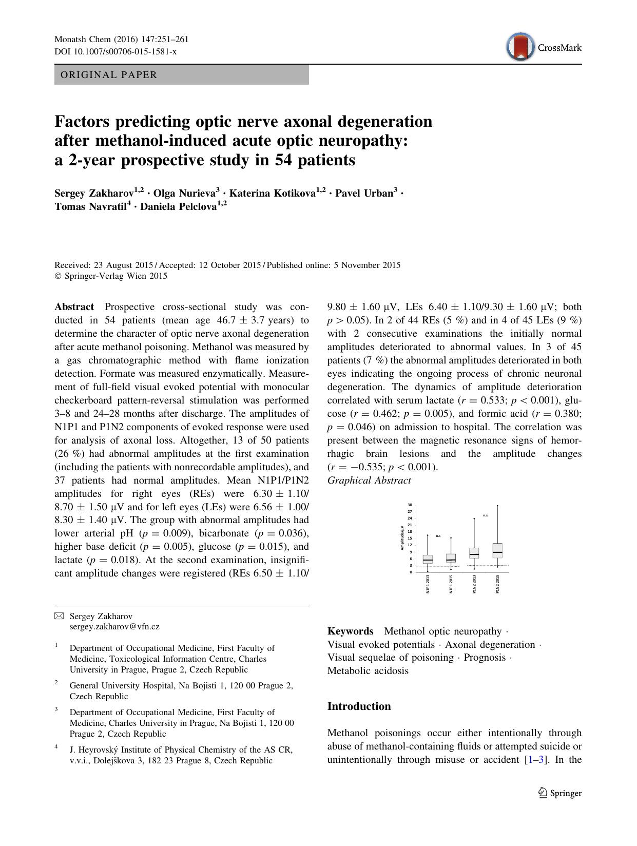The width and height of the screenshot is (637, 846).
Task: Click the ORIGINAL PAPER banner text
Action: point(109,75)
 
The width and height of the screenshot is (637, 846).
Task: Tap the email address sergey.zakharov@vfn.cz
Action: point(114,626)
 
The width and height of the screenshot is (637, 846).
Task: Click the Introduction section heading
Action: point(359,706)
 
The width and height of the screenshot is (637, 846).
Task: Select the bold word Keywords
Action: point(350,631)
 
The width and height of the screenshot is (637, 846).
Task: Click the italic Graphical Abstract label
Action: point(369,480)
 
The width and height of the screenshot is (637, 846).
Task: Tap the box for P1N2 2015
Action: point(497,550)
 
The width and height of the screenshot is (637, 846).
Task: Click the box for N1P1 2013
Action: point(428,559)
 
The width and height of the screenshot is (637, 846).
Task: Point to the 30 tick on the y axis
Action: point(410,505)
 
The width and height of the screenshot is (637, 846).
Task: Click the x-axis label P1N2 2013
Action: point(474,584)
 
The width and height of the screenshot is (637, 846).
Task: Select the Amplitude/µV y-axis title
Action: point(402,538)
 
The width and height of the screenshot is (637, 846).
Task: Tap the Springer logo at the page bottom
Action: point(560,793)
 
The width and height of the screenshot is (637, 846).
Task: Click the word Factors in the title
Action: point(82,122)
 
